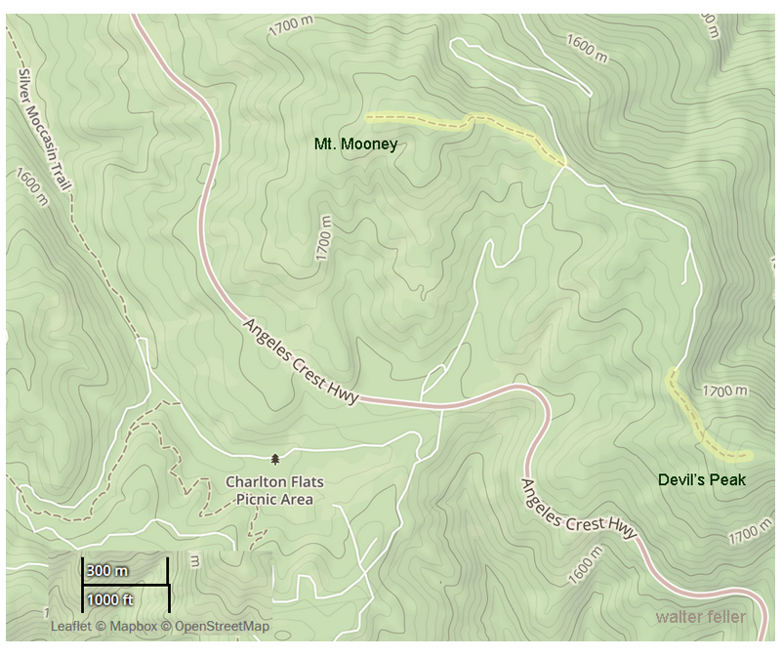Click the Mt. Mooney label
[355, 144]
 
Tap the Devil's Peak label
[701, 480]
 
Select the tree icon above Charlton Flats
[275, 458]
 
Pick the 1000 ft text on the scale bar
[108, 598]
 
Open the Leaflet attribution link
[70, 627]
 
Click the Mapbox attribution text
[128, 627]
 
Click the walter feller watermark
[700, 617]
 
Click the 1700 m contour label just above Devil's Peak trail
[724, 391]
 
